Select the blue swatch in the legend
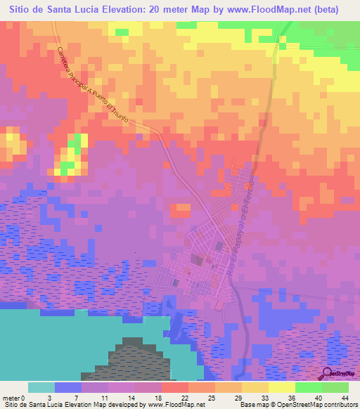(x=67, y=387)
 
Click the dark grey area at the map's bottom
(x=134, y=362)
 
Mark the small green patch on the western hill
(x=67, y=167)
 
